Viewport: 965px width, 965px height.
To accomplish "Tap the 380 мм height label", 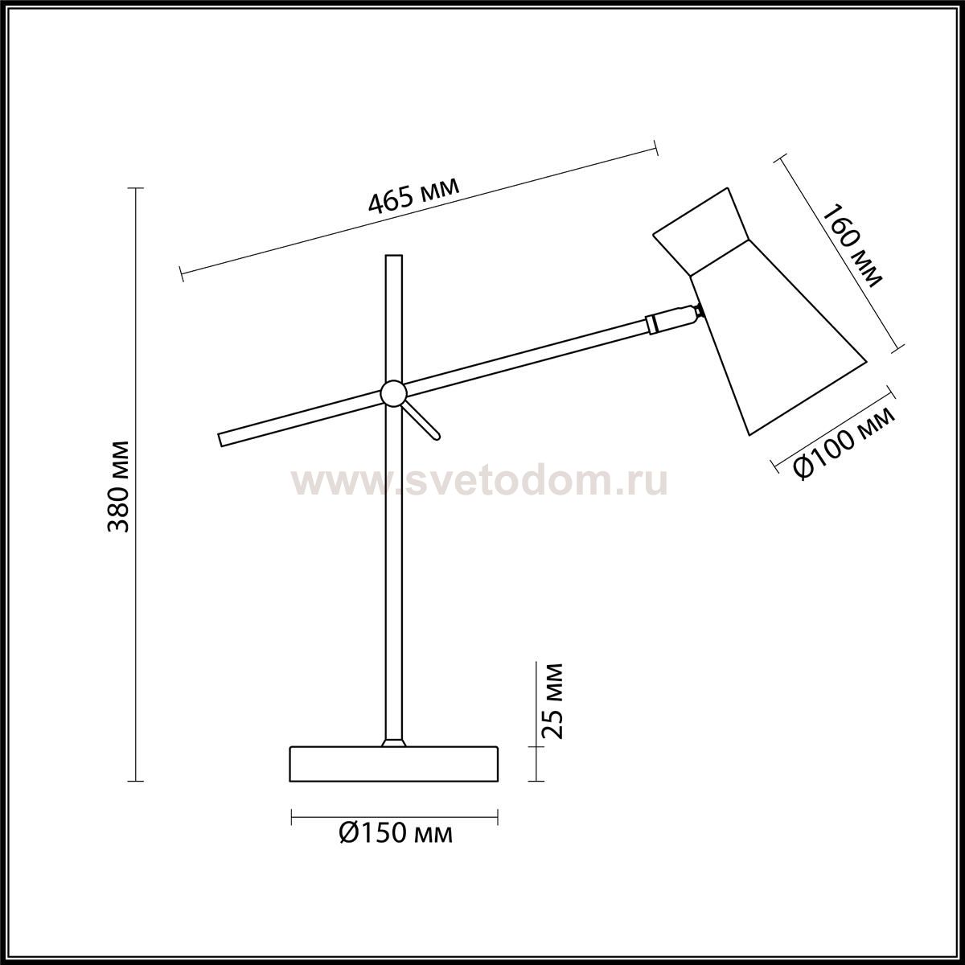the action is tap(119, 487).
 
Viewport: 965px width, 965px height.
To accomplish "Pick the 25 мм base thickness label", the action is tap(552, 701).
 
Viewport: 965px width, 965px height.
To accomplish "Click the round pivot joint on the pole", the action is tap(393, 392).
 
